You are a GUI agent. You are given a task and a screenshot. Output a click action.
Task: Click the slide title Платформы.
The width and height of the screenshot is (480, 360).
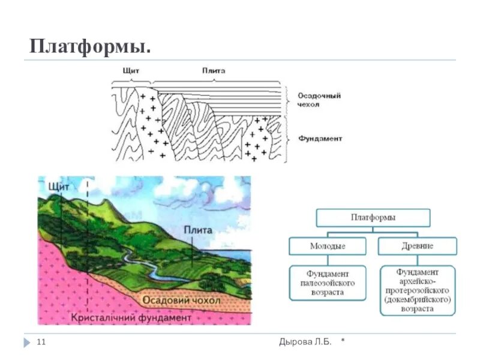pos(91,46)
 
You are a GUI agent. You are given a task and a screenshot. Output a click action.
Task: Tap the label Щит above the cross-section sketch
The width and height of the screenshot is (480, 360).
pos(131,71)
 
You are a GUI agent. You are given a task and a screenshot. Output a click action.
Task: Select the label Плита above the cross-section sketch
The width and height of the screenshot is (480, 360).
pos(214,71)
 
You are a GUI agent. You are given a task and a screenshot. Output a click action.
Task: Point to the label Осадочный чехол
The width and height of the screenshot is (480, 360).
pos(319,100)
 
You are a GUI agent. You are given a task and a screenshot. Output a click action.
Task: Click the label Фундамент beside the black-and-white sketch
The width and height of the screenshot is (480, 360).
pos(320,138)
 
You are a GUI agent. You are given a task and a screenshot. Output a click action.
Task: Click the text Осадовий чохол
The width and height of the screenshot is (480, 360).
pos(181,300)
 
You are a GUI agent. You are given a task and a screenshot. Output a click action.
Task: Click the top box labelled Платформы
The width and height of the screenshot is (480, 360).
pos(373,217)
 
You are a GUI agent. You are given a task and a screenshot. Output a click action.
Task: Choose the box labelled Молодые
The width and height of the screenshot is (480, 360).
pos(327,246)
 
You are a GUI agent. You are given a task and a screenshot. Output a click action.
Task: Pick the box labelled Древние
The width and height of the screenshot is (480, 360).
pos(418,246)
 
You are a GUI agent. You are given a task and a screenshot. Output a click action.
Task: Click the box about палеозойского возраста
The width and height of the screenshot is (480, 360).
pos(327,283)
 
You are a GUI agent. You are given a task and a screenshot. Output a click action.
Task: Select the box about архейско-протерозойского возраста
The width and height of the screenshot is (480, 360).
pos(418,290)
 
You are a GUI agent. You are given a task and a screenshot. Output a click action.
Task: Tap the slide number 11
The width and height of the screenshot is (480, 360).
pos(41,342)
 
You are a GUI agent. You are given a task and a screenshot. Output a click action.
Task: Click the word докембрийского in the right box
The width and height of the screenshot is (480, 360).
pos(418,299)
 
